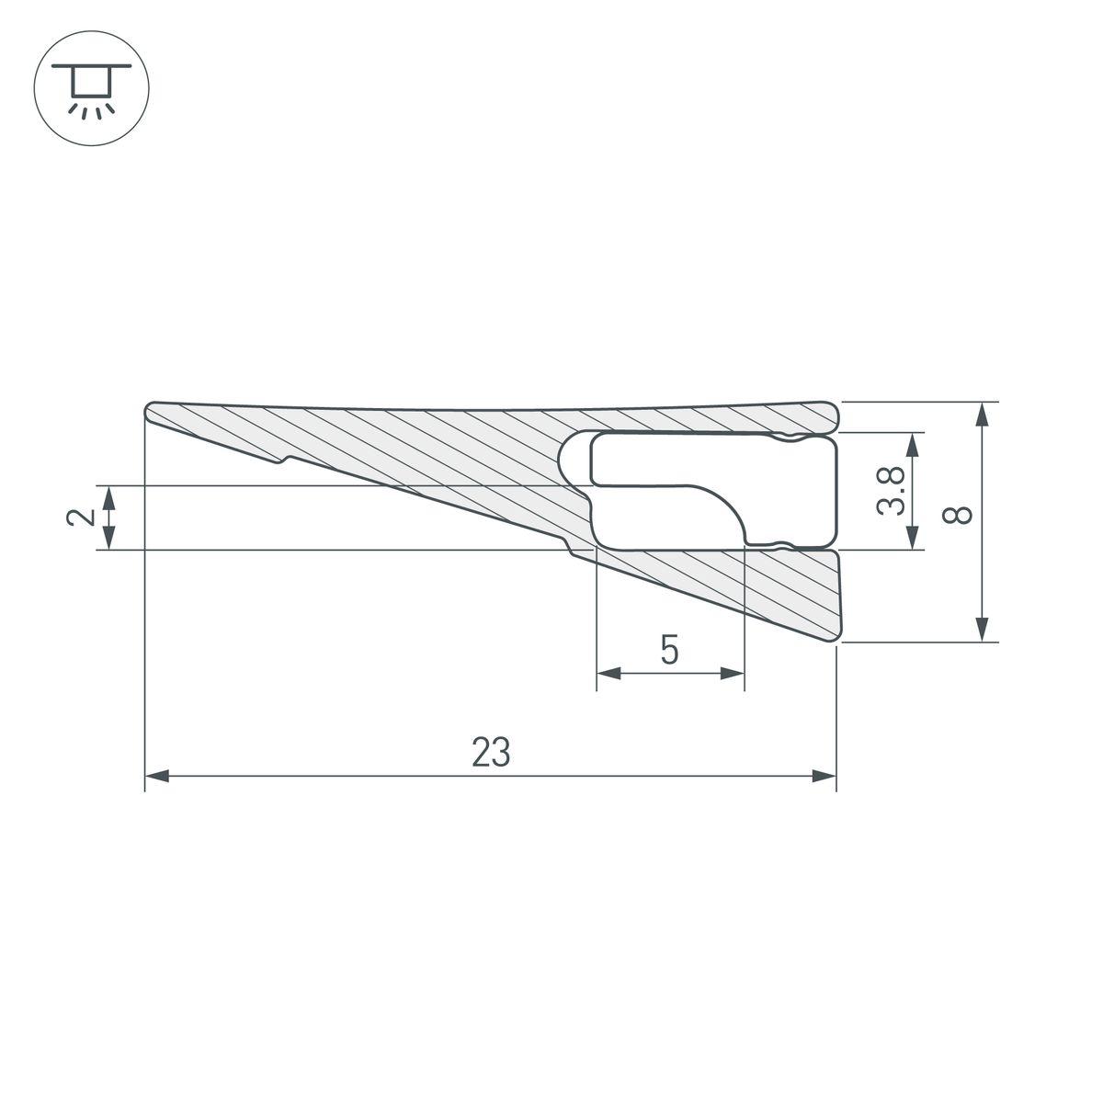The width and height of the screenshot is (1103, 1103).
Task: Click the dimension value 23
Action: click(491, 752)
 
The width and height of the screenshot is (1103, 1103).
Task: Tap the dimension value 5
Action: click(669, 650)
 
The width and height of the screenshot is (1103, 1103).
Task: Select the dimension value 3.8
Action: click(891, 491)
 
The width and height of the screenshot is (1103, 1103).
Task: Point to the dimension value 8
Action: click(957, 515)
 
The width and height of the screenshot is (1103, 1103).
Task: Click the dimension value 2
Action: click(81, 517)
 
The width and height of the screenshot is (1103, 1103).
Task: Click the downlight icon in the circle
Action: click(92, 88)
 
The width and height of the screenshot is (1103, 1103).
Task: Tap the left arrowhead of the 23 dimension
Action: click(157, 776)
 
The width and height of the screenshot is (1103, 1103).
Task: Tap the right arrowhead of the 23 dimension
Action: click(824, 776)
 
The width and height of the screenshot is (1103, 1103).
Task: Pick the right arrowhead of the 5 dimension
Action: click(732, 673)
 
